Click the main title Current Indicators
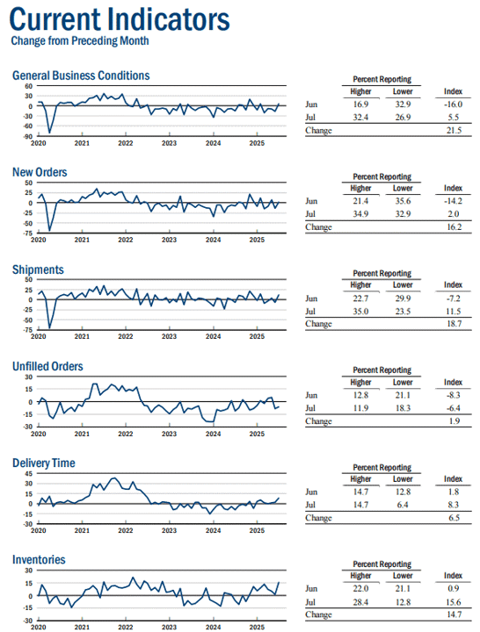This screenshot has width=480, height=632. [x=120, y=19]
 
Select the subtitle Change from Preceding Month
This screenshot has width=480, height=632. [x=80, y=40]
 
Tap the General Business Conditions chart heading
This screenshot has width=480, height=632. [x=81, y=75]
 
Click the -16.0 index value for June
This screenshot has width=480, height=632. [x=453, y=104]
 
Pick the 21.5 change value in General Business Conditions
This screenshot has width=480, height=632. [x=454, y=130]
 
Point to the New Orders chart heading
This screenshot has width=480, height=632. [x=40, y=172]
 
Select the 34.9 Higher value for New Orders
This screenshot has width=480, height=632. [x=360, y=214]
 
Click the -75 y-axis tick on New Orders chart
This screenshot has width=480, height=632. [x=27, y=233]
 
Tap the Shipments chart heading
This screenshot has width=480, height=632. [x=38, y=269]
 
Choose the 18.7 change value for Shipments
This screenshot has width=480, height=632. [x=454, y=324]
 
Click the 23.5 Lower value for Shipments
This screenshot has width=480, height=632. [x=403, y=312]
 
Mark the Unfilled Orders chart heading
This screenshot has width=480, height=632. [x=47, y=366]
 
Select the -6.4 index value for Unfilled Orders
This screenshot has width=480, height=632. [x=454, y=408]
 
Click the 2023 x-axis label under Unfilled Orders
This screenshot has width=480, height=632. [x=169, y=434]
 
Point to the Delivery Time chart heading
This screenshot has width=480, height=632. [x=44, y=463]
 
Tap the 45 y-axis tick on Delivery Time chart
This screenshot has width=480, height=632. [x=29, y=474]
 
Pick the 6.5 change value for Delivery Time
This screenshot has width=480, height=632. [x=455, y=518]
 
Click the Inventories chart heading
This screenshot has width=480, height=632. [x=39, y=559]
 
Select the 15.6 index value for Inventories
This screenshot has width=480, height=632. [x=454, y=602]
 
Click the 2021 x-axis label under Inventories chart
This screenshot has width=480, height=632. [x=82, y=628]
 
